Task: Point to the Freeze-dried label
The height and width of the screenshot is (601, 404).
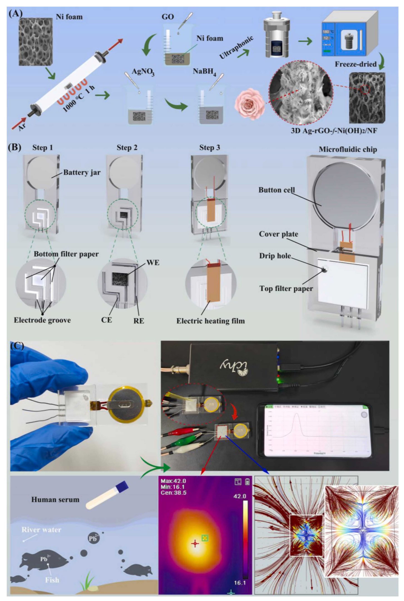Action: pyautogui.click(x=356, y=64)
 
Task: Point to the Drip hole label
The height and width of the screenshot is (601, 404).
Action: pyautogui.click(x=275, y=256)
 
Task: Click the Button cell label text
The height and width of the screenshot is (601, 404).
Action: pyautogui.click(x=276, y=190)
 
